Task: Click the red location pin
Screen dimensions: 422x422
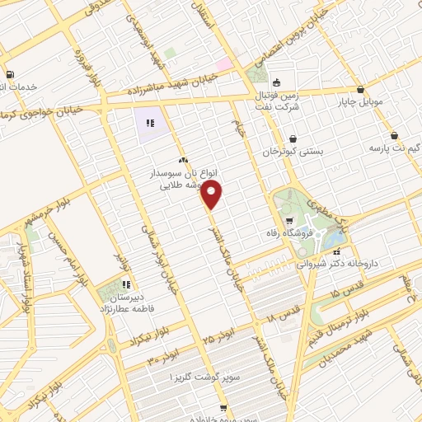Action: click(213, 196)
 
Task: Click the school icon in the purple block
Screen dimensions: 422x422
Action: click(150, 124)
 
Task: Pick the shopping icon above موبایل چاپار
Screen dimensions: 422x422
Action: click(360, 89)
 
